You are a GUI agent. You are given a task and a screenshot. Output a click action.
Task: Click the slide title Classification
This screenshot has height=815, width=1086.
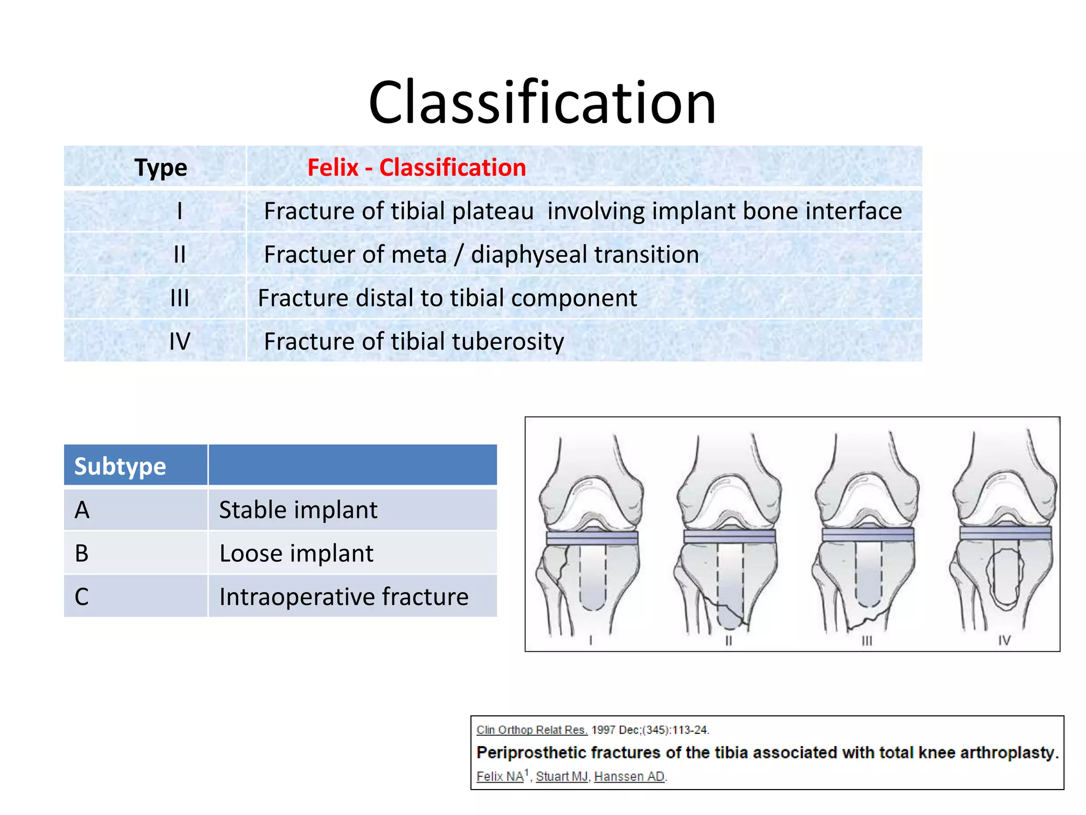(x=542, y=103)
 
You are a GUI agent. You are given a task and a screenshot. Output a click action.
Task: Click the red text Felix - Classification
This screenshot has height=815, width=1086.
(x=416, y=168)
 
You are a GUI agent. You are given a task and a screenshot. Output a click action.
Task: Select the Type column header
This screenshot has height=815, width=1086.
(x=160, y=168)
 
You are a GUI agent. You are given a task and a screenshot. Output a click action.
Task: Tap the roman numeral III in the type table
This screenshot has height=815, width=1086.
(x=179, y=298)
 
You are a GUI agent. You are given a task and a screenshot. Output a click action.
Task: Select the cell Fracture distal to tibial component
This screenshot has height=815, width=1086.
(x=447, y=298)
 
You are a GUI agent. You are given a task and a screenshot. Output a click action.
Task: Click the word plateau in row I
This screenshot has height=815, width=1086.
(x=493, y=211)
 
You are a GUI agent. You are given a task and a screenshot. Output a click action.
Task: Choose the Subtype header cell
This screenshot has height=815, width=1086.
(x=120, y=466)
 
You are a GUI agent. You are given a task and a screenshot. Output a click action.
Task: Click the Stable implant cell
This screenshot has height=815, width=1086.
(x=298, y=510)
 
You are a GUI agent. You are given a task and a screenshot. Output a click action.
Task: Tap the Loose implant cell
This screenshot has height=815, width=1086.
(x=296, y=553)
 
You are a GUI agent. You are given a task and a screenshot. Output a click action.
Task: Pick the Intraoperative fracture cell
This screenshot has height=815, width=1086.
(x=344, y=597)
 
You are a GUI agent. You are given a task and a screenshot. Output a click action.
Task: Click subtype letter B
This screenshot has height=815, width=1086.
(x=82, y=553)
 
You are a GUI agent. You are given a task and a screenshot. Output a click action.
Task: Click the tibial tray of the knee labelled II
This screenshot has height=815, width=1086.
(x=729, y=536)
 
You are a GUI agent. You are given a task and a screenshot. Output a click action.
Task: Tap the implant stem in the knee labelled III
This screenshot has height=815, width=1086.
(x=868, y=576)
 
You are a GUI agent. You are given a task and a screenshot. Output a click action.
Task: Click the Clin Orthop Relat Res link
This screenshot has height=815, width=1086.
(x=531, y=730)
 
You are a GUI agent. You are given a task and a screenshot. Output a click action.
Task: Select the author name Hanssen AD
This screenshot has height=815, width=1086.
(x=629, y=777)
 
